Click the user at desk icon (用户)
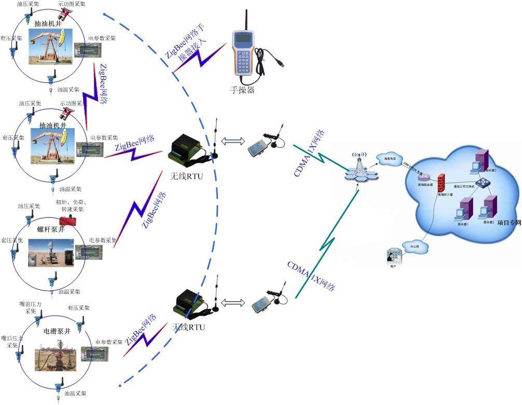tap(393, 257)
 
